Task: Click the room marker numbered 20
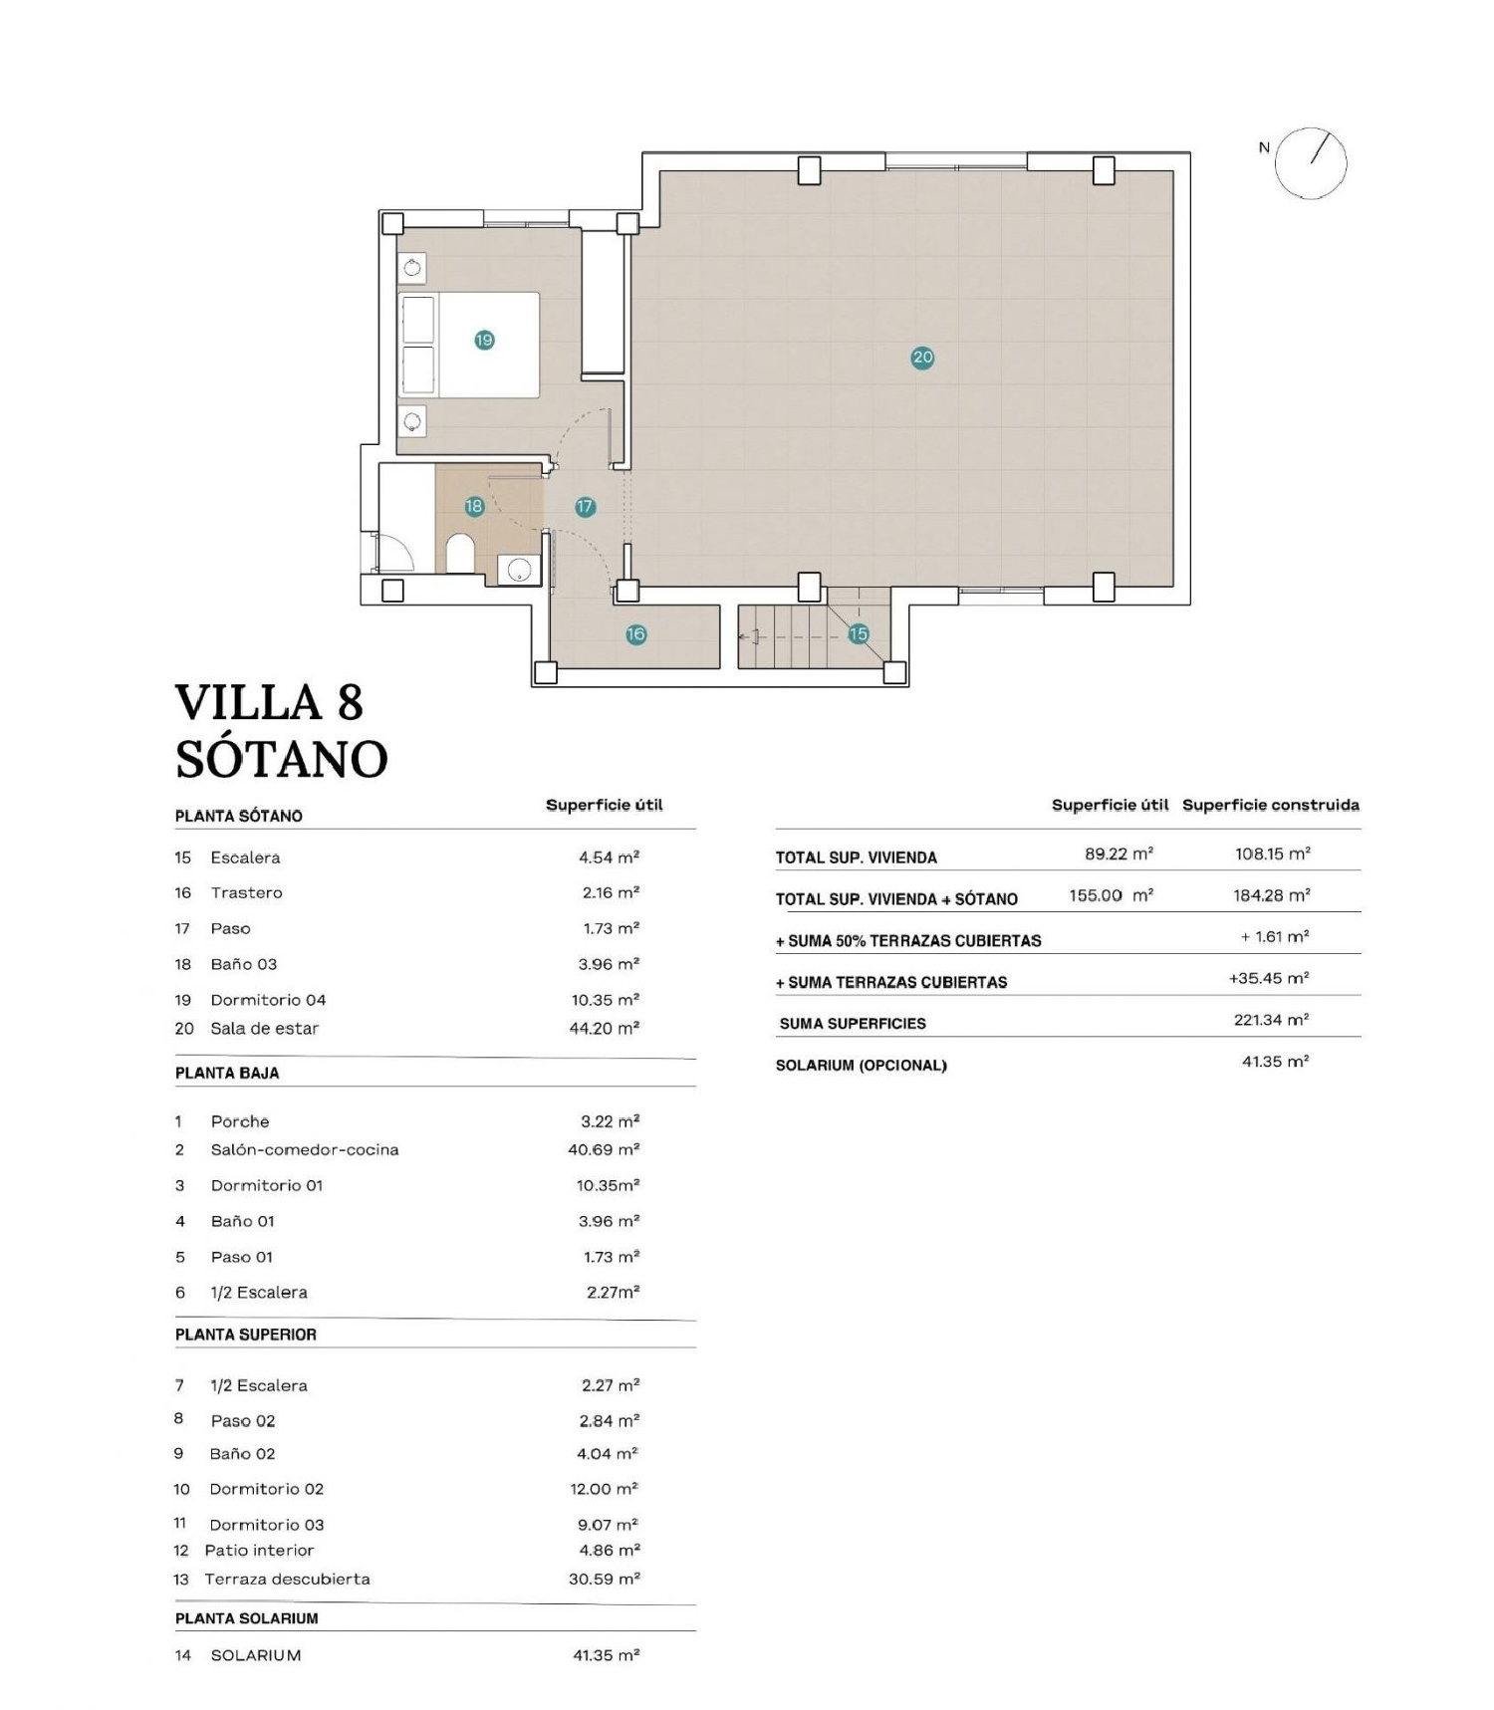coord(922,358)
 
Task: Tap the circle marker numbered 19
coord(484,341)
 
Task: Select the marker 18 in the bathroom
coord(474,507)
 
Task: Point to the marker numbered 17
coord(585,507)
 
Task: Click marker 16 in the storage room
coord(635,634)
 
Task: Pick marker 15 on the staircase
coord(859,633)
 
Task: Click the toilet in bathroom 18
coord(460,555)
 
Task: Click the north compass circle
coord(1311,163)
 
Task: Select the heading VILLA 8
coord(269,703)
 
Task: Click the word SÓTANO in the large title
coord(282,760)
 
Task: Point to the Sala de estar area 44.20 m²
coord(604,1029)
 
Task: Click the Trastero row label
coord(246,893)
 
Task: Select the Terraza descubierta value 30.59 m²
coord(604,1579)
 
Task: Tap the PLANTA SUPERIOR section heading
coord(246,1335)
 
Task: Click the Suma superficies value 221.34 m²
coord(1271,1020)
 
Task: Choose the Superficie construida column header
coord(1270,805)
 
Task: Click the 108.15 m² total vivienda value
coord(1271,854)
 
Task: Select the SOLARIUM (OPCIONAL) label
coord(861,1066)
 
